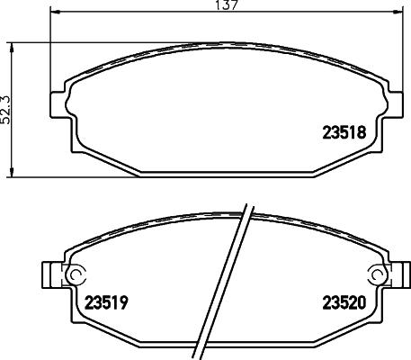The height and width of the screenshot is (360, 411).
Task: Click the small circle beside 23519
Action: (x=76, y=274)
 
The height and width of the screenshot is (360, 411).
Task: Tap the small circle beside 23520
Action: (x=376, y=274)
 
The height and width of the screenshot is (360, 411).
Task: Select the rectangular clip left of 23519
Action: (x=50, y=274)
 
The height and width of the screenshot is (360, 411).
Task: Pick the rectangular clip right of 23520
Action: (x=401, y=274)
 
